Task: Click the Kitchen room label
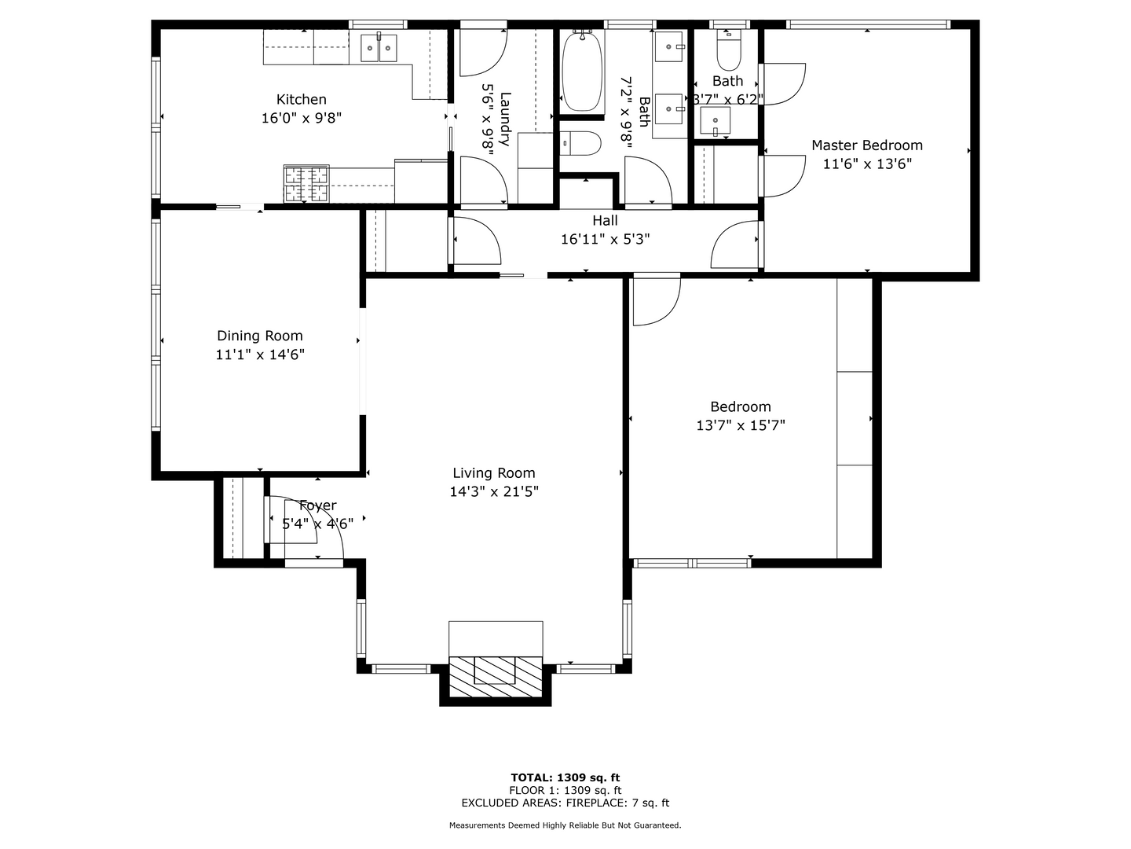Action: point(301,100)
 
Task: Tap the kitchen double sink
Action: point(379,48)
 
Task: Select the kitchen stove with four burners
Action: point(306,185)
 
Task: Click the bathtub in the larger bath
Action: point(582,72)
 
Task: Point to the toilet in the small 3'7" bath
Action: point(728,52)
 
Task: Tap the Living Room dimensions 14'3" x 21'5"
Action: point(493,492)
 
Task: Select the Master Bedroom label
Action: point(866,145)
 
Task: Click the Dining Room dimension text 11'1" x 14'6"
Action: point(260,355)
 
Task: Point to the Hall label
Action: point(605,221)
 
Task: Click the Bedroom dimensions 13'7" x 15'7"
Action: point(740,425)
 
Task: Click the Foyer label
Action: point(317,505)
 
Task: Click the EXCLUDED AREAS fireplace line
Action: point(565,803)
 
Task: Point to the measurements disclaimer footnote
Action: point(565,825)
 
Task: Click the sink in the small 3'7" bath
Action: point(715,122)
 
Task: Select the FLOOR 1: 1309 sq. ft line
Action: point(565,790)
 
